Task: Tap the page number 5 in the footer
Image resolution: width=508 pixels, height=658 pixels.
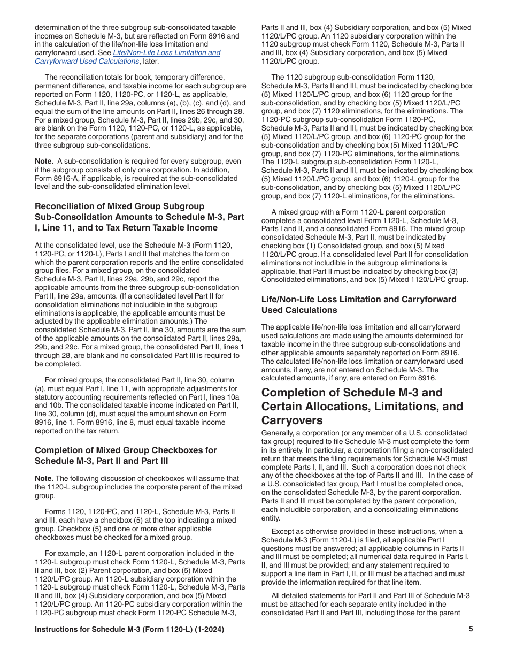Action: (x=471, y=629)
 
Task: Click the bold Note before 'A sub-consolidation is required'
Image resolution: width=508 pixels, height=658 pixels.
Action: (x=44, y=161)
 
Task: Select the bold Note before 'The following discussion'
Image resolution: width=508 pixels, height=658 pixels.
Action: (x=44, y=478)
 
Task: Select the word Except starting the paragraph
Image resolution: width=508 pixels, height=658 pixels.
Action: (x=284, y=531)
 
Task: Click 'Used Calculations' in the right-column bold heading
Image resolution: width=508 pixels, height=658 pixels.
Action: (x=299, y=310)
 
